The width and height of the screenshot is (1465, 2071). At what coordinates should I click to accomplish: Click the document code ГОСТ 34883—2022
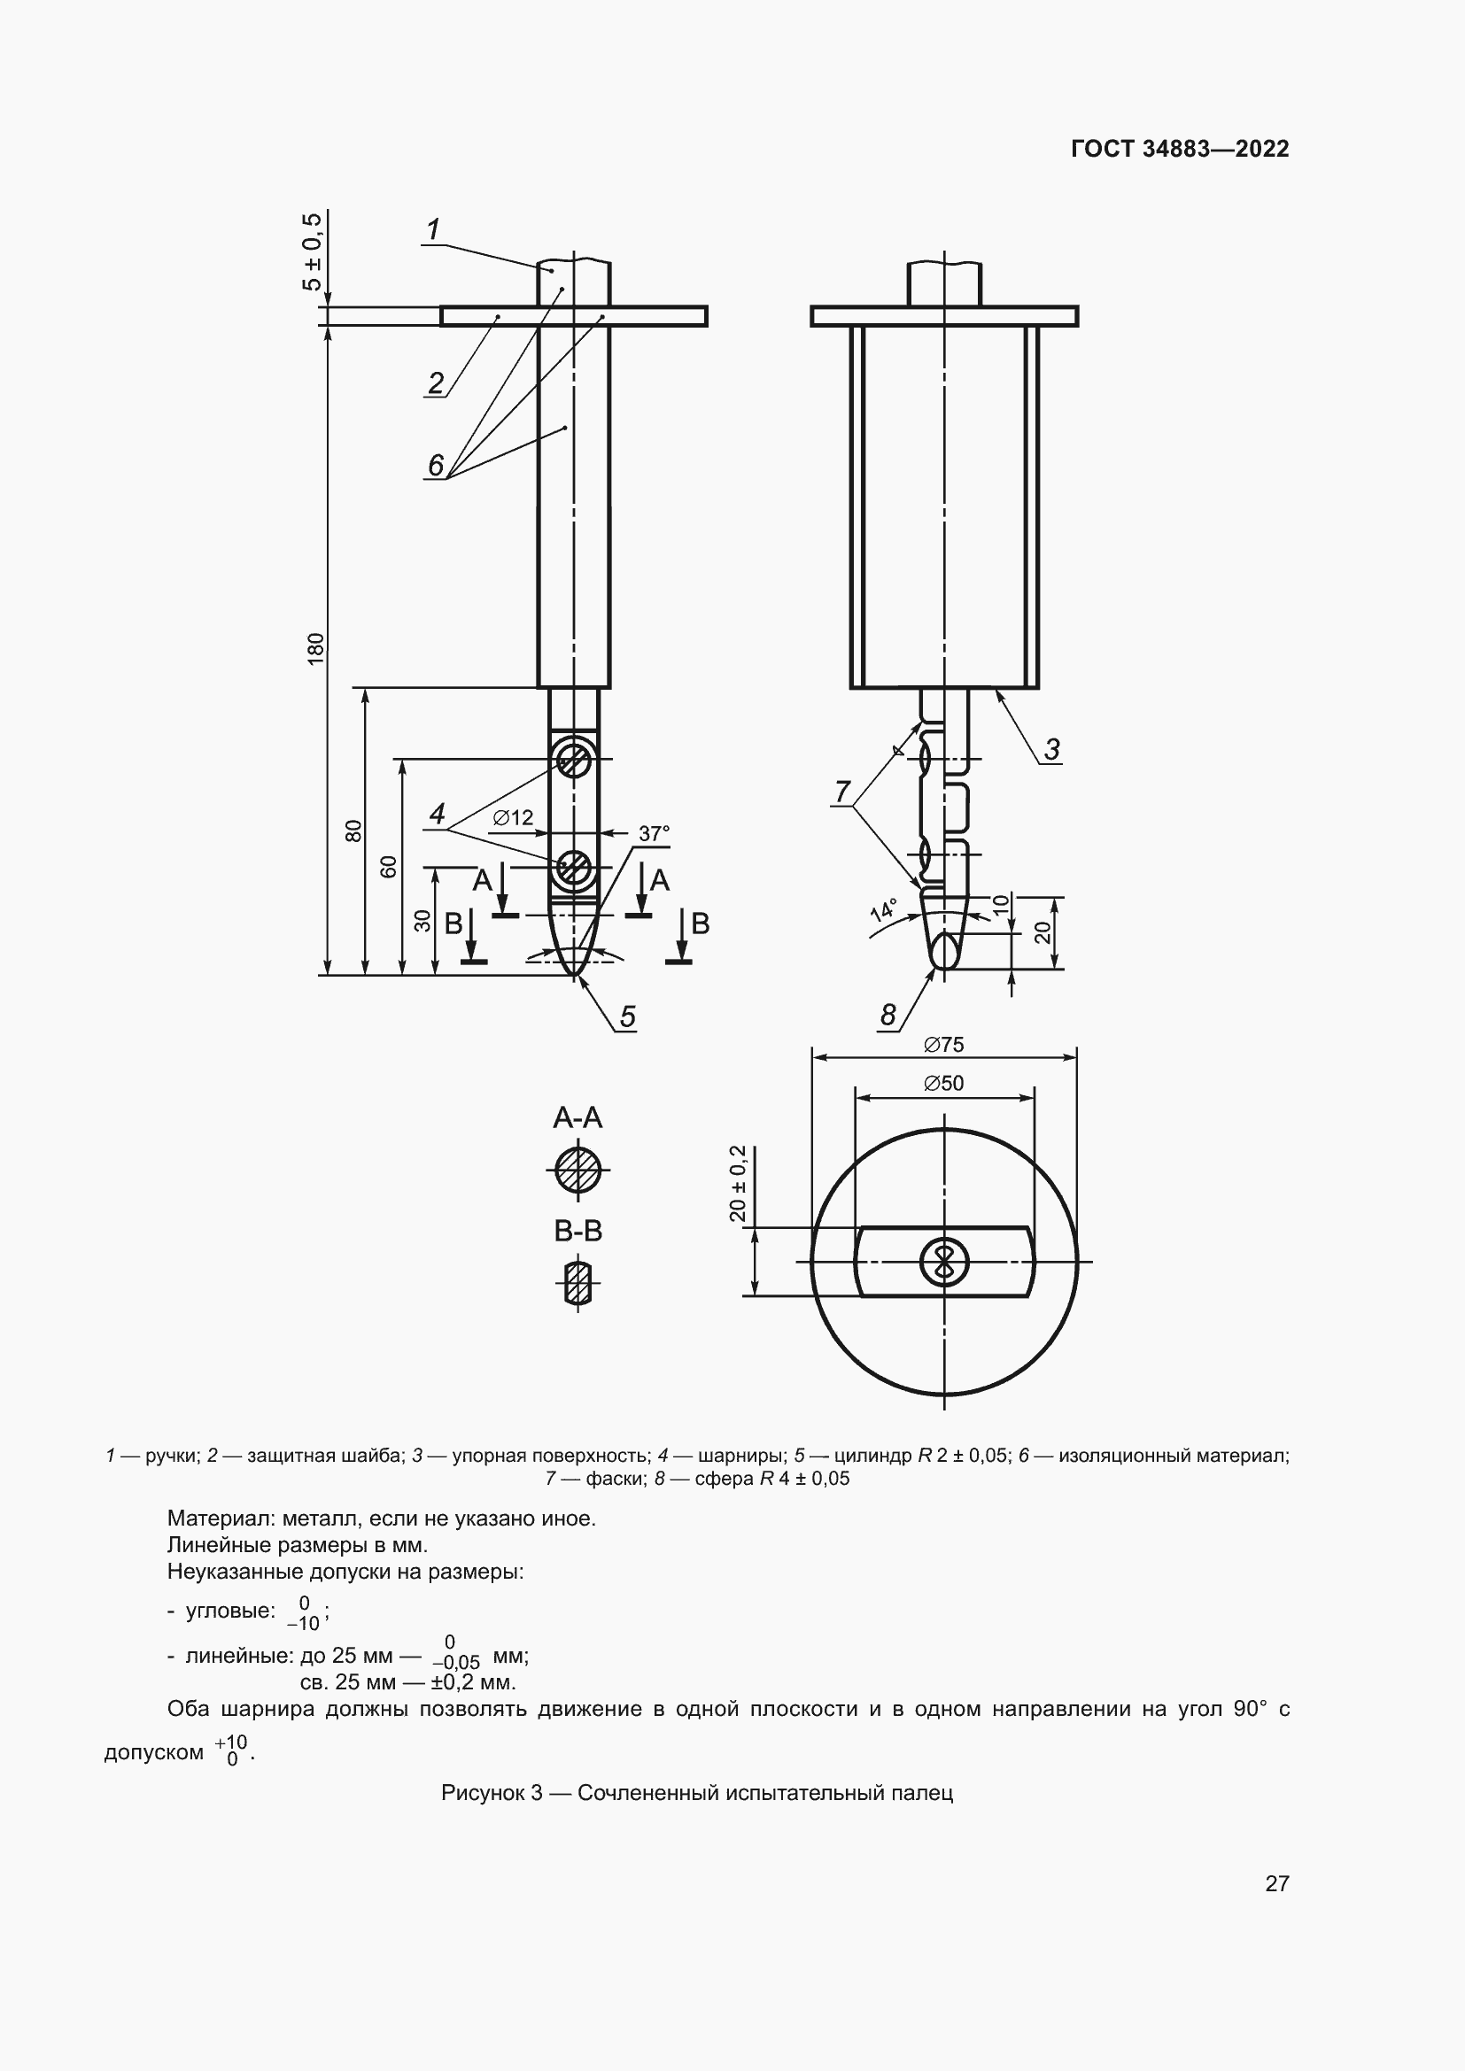point(1179,149)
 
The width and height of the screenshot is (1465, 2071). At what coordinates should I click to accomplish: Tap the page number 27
point(1276,1883)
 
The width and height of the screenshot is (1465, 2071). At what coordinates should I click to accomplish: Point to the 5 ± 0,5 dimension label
point(310,251)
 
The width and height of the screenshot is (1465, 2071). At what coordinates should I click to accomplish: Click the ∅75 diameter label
point(943,1045)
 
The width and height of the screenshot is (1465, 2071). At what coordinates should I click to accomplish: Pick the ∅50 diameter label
point(943,1083)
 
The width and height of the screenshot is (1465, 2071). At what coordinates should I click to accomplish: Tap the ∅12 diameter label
point(514,817)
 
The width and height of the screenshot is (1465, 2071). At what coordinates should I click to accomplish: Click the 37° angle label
point(654,833)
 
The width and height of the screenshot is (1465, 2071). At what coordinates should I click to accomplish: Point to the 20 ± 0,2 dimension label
point(738,1184)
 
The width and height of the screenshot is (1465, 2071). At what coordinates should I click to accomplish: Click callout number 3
point(1052,749)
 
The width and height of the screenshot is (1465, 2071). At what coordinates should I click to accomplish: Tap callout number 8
point(888,1016)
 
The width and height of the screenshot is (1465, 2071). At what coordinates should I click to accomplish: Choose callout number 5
point(627,1016)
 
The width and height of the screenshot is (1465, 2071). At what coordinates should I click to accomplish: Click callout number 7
point(842,792)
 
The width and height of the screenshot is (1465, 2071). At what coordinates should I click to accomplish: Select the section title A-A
point(577,1118)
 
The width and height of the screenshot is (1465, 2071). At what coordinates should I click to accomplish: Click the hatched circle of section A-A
point(577,1171)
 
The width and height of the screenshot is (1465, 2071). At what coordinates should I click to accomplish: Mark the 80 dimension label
point(353,831)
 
